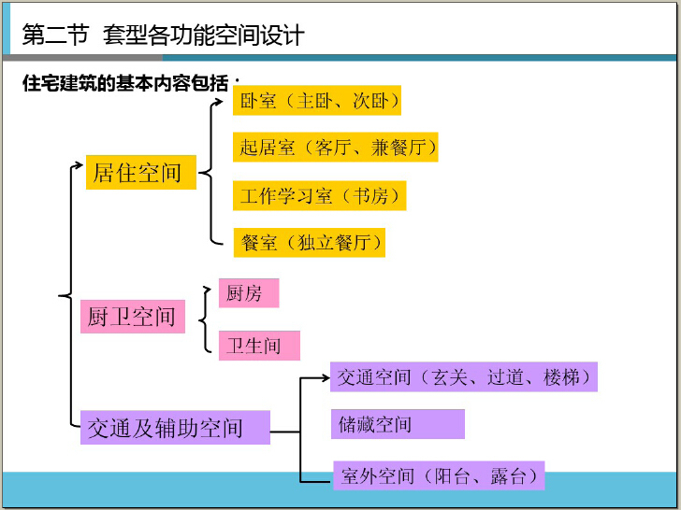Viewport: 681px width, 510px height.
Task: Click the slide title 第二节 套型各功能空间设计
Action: [x=163, y=35]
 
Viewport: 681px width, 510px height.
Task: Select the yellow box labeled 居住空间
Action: [x=140, y=172]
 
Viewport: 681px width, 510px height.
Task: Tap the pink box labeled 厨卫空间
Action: [x=132, y=316]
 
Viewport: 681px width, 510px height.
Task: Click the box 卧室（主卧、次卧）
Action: [x=318, y=100]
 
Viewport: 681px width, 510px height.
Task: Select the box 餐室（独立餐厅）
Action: [x=310, y=242]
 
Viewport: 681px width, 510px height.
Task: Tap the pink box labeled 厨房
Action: [x=248, y=293]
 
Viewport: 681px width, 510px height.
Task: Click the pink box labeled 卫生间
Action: [x=259, y=346]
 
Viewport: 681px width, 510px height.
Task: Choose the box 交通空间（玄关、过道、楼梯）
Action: [x=464, y=377]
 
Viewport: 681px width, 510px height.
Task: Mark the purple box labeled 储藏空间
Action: [x=398, y=424]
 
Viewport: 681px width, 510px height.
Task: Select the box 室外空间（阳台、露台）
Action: [x=438, y=475]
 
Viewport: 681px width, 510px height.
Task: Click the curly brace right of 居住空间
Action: [x=206, y=172]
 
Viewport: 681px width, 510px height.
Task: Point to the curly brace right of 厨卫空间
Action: [x=202, y=319]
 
